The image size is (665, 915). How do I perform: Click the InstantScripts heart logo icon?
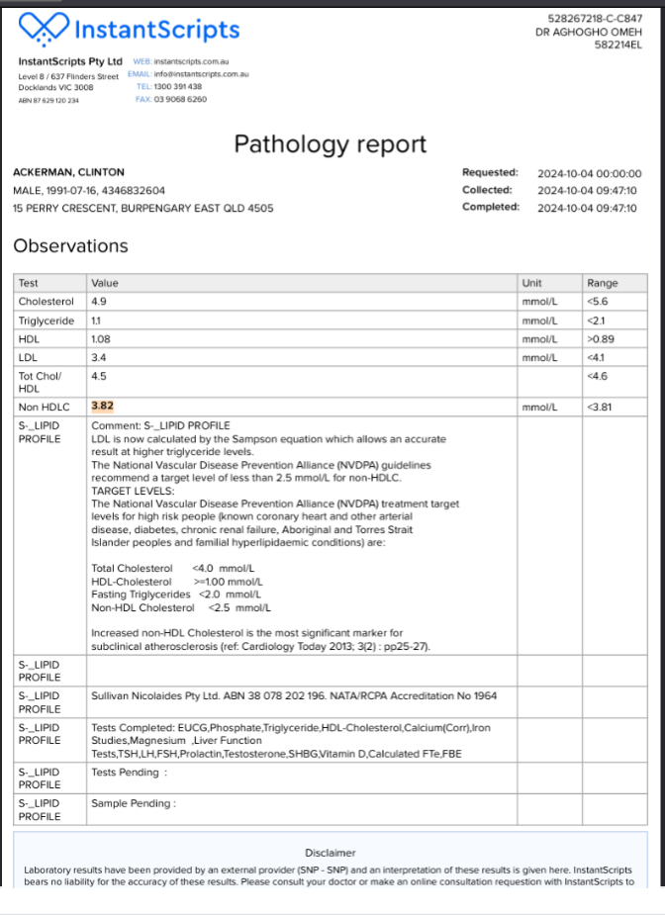pyautogui.click(x=43, y=28)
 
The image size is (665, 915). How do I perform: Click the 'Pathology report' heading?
pyautogui.click(x=330, y=144)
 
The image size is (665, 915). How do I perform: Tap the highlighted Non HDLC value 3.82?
pyautogui.click(x=103, y=406)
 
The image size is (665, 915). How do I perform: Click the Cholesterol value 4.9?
pyautogui.click(x=98, y=301)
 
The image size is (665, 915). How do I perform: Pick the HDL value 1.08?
pyautogui.click(x=100, y=339)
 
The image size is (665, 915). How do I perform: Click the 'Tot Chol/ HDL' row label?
pyautogui.click(x=40, y=382)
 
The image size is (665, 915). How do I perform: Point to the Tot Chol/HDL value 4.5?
pyautogui.click(x=98, y=376)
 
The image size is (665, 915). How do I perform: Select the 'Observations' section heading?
pyautogui.click(x=70, y=246)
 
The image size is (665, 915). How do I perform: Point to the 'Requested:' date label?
pyautogui.click(x=490, y=173)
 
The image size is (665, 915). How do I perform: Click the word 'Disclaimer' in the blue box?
pyautogui.click(x=331, y=853)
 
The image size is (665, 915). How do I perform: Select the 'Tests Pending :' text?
pyautogui.click(x=129, y=773)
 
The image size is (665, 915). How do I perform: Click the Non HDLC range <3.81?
pyautogui.click(x=600, y=406)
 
